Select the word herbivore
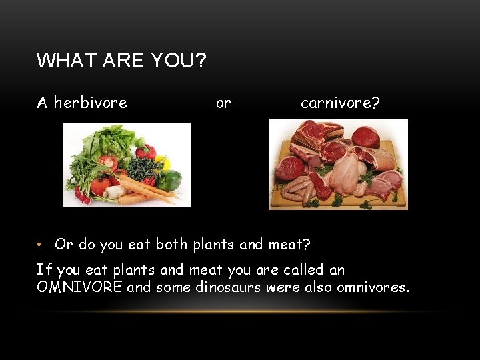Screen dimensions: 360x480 [90, 103]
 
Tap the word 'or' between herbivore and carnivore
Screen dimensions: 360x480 [223, 103]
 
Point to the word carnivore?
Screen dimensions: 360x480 [340, 103]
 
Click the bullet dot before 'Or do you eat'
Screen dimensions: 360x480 [40, 245]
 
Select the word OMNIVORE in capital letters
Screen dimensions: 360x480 [79, 287]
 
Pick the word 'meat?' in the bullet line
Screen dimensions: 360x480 [289, 245]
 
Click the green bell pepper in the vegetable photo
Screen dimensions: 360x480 [171, 179]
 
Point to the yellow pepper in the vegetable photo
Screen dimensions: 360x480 [161, 162]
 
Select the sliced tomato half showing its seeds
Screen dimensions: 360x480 [109, 163]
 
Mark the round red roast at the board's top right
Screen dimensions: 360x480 [366, 137]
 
